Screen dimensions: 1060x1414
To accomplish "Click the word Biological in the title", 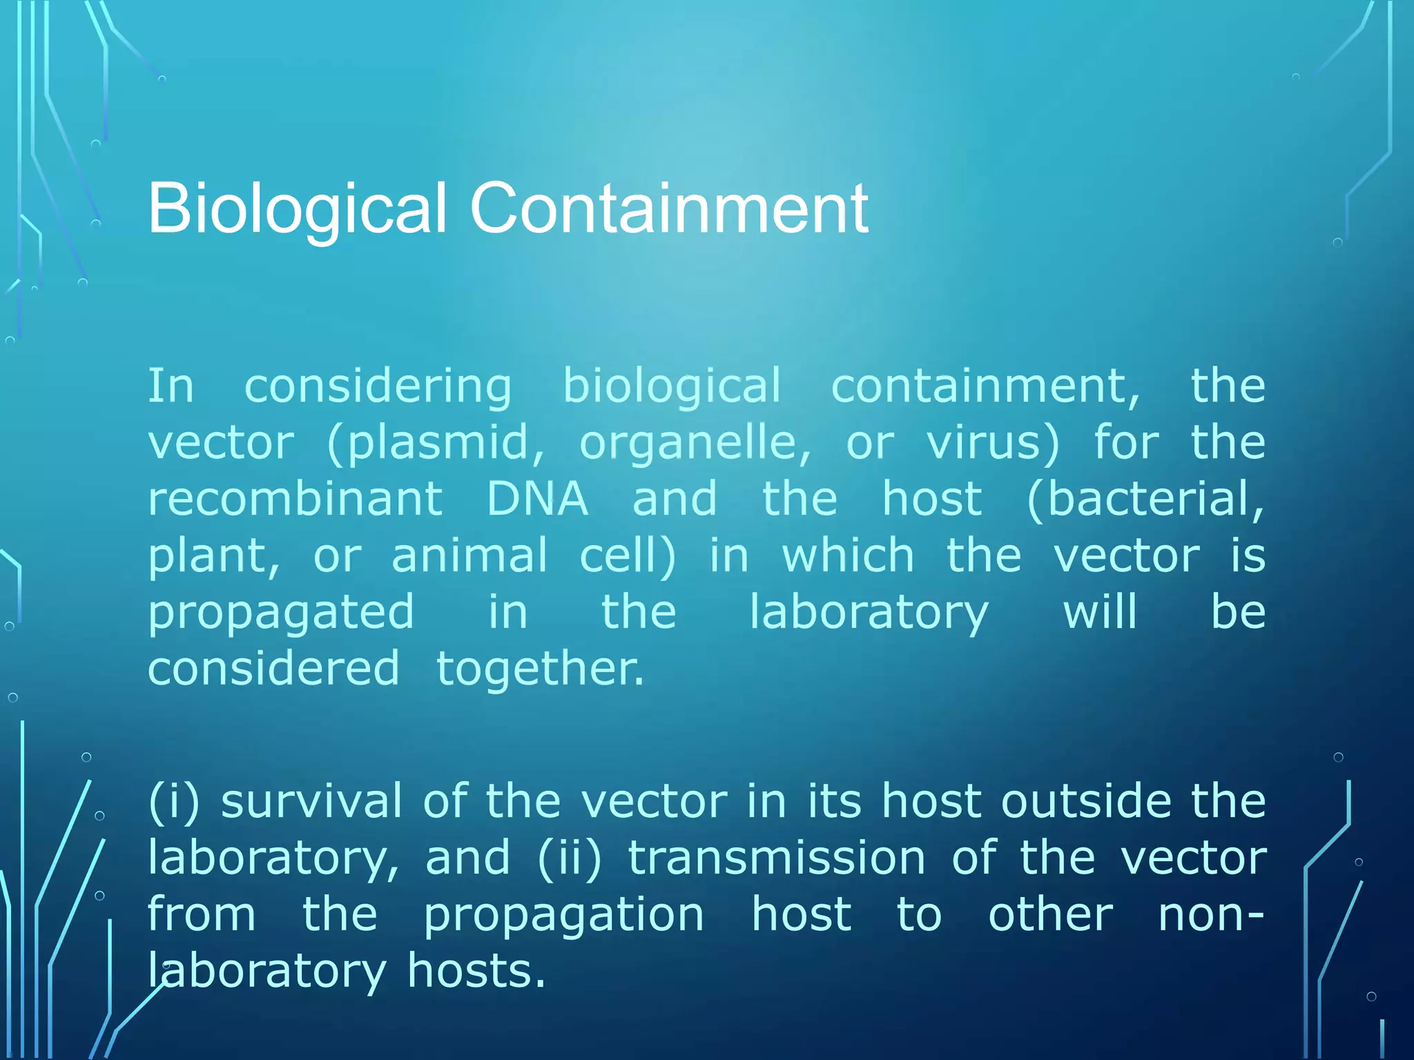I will (x=298, y=208).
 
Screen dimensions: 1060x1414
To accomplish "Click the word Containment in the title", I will (x=668, y=208).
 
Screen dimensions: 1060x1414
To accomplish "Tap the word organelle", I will (x=695, y=442).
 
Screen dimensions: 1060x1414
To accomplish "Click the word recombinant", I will (x=295, y=498).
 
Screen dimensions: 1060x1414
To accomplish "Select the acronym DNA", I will (x=537, y=498).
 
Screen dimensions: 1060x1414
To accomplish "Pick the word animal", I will (x=469, y=555).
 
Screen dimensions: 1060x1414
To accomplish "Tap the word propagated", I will (x=281, y=613).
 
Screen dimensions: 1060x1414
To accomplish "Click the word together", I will (x=540, y=669).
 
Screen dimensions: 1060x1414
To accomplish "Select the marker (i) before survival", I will (x=174, y=802).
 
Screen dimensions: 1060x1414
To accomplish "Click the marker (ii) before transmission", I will (x=570, y=858).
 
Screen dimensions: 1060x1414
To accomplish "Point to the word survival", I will (x=311, y=802).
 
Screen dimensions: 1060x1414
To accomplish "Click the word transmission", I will (x=776, y=858).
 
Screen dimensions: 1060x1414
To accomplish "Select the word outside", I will (x=1086, y=802).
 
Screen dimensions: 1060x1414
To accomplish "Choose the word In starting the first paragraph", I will (x=171, y=386).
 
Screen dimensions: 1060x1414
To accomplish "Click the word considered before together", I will (x=273, y=669).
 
